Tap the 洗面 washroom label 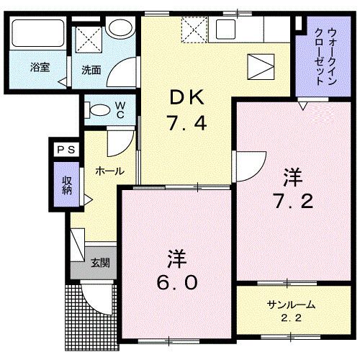(x=91, y=70)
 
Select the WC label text (x=120, y=110)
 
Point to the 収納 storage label (x=67, y=185)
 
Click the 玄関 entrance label (x=99, y=263)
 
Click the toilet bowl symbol (x=97, y=110)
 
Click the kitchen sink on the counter (x=226, y=30)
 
